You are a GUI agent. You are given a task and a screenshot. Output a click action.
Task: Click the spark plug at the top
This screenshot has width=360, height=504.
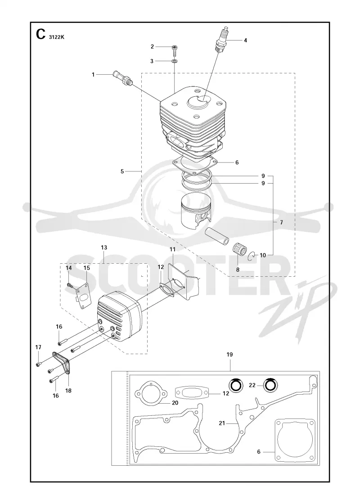[x=221, y=40]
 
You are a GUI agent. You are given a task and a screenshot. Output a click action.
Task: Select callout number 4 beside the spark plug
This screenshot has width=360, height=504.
[x=245, y=40]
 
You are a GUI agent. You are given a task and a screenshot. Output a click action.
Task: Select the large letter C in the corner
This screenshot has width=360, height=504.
[x=40, y=34]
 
